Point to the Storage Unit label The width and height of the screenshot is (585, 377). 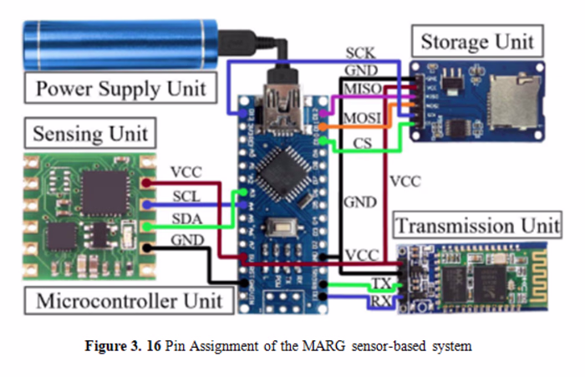pos(476,41)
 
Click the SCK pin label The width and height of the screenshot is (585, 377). pos(360,53)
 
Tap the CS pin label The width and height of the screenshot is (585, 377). pos(362,144)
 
